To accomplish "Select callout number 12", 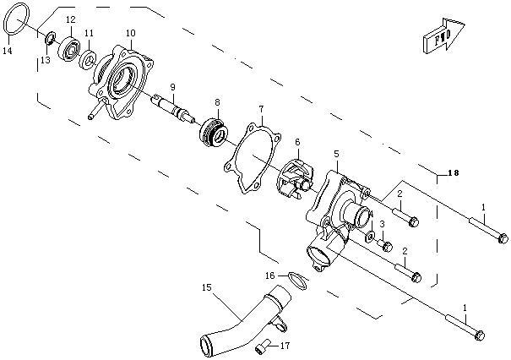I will [70, 19].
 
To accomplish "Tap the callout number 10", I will [130, 33].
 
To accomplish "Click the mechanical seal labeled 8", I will [211, 131].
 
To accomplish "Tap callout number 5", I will [336, 154].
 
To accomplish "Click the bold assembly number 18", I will [454, 173].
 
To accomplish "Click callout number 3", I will [382, 224].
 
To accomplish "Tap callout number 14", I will [7, 52].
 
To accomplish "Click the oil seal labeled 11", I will [88, 60].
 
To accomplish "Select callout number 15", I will [205, 287].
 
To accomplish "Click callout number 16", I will [269, 275].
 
